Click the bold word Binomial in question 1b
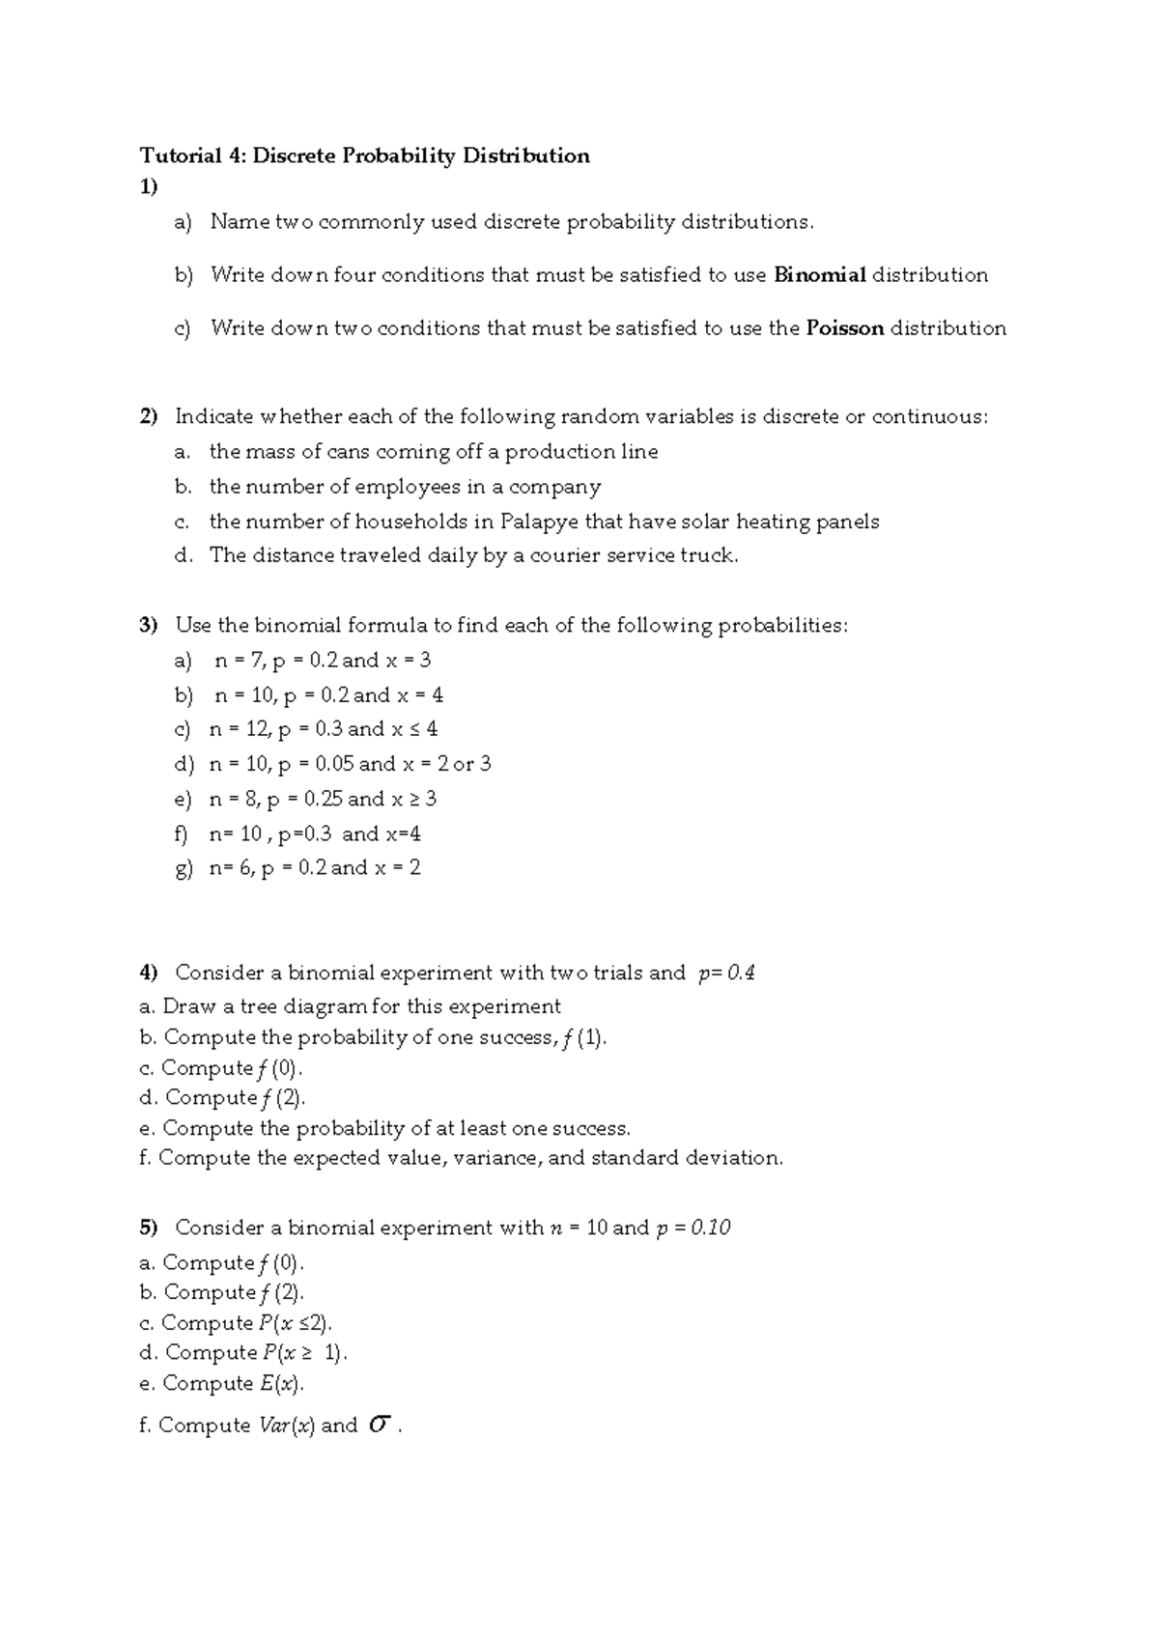(820, 275)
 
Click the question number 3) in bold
(148, 626)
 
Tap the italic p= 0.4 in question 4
(726, 973)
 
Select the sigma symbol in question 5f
(380, 1425)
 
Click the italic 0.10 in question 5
(711, 1228)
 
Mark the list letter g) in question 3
(184, 868)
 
